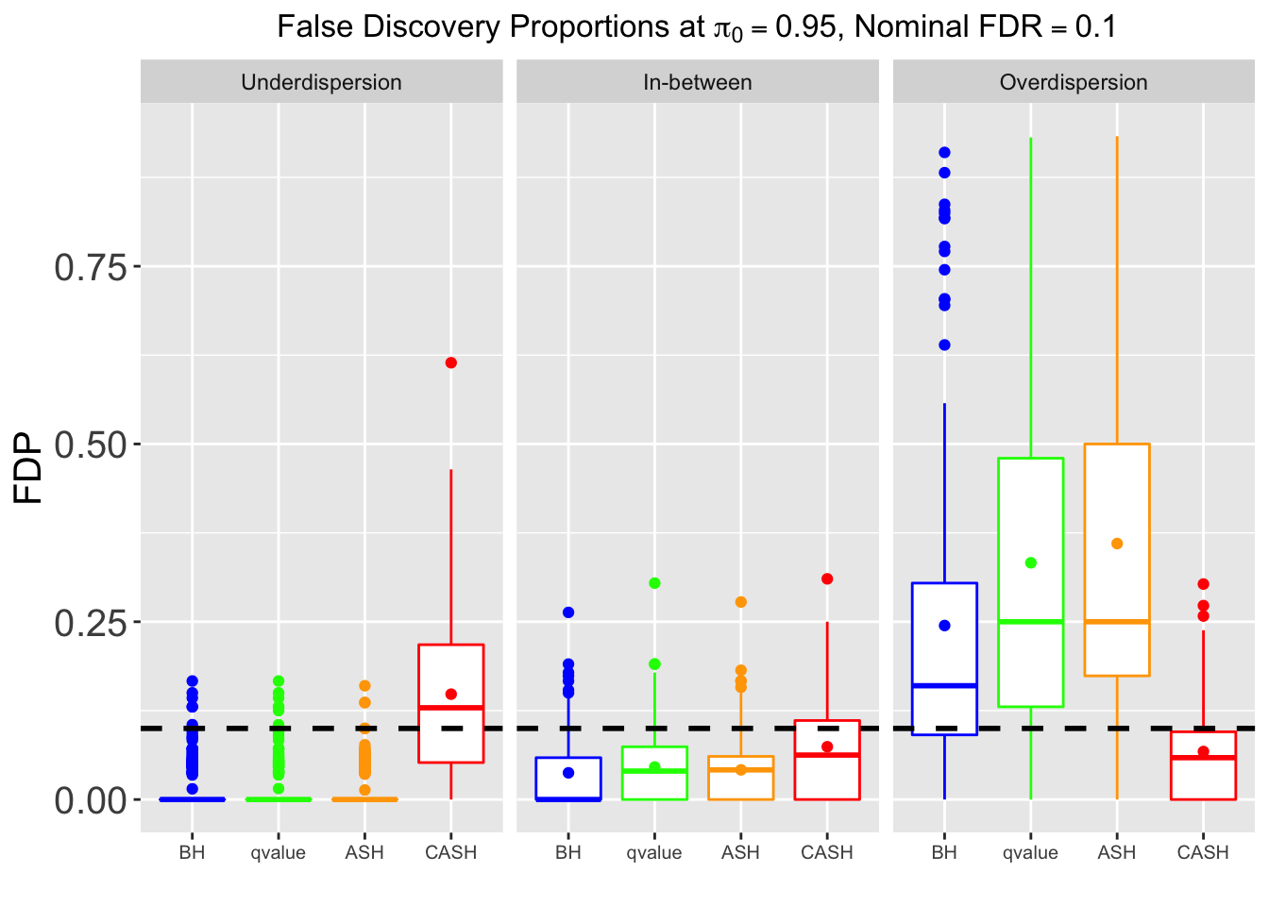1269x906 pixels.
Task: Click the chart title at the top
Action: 697,27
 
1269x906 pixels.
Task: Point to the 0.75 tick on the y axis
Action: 91,268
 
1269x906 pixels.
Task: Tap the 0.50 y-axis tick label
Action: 91,445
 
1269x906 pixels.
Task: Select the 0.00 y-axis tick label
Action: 91,801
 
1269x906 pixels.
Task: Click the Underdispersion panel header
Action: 321,83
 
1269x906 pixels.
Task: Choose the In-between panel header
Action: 697,83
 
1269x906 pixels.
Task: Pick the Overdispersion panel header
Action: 1074,83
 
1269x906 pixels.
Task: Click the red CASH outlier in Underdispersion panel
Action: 451,362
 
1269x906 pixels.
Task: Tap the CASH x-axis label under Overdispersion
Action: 1203,853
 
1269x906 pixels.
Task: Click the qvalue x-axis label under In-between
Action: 653,853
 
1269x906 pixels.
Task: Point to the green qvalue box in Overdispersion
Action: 1030,528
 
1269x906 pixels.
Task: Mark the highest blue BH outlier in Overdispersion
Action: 944,152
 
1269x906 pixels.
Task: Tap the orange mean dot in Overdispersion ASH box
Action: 1117,544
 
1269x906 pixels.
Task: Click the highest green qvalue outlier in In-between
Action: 654,583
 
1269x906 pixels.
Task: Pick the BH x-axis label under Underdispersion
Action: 192,853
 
